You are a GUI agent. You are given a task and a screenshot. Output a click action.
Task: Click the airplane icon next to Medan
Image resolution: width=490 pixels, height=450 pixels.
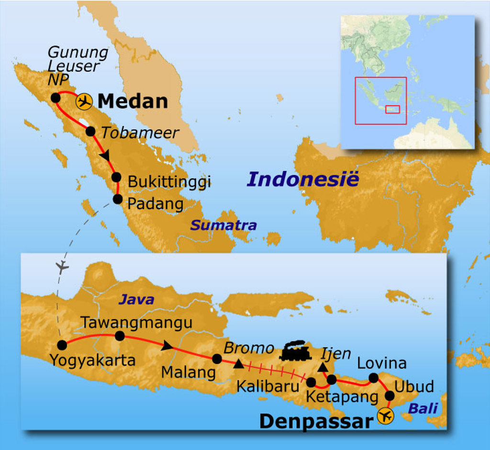(84, 101)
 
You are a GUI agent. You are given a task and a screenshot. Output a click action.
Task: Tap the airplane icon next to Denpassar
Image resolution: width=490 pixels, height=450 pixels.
(385, 416)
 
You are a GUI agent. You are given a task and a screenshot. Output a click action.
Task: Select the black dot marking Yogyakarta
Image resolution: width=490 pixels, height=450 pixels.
(62, 345)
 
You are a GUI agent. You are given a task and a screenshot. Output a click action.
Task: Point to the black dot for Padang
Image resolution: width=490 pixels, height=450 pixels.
(117, 199)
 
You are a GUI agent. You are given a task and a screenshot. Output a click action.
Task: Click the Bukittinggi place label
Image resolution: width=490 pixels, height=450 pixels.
(169, 182)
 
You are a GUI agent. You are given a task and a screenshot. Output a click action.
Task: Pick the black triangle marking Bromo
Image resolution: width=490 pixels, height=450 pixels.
(239, 364)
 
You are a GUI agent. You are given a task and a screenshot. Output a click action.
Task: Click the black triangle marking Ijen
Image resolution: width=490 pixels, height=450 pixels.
(323, 367)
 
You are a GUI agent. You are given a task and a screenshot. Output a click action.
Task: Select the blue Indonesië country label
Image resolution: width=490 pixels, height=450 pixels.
(302, 179)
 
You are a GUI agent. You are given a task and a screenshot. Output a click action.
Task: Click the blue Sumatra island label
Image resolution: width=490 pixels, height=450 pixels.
(223, 225)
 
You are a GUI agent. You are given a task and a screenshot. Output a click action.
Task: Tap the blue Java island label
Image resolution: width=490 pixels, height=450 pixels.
(136, 300)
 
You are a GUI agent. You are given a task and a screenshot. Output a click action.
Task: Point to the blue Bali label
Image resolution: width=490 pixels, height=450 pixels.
(423, 408)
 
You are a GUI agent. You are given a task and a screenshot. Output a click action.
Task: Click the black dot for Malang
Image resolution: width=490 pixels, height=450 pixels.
(217, 359)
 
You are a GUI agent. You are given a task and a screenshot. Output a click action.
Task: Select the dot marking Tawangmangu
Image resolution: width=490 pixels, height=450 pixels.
(120, 336)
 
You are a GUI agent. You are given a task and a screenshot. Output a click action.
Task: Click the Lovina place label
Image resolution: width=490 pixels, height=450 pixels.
(382, 363)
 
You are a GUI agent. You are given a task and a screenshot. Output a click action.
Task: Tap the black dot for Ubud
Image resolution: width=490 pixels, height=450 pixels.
(390, 396)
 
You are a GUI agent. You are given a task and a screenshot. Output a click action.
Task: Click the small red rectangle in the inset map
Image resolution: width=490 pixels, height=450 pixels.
(392, 109)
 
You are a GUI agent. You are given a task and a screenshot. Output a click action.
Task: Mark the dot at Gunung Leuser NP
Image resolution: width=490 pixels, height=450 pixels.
(56, 98)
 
